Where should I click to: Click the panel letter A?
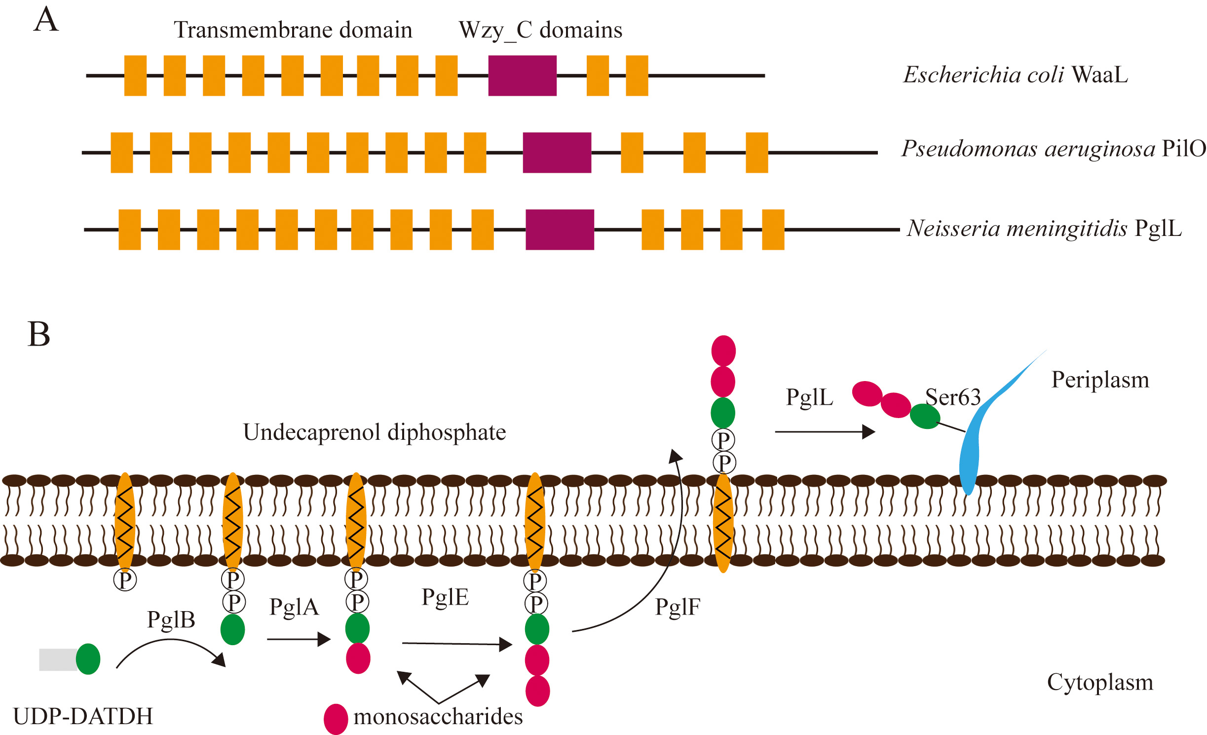point(46,20)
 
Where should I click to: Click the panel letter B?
point(39,334)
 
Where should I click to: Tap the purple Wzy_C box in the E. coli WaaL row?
point(522,76)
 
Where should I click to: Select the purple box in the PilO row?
point(557,153)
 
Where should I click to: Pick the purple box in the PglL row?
point(560,230)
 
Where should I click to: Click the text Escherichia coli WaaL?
point(1015,75)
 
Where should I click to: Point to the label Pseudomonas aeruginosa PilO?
point(1053,149)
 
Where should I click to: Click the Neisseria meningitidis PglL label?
point(1044,228)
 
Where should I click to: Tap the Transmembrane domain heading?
point(293,30)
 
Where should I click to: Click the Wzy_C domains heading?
point(540,30)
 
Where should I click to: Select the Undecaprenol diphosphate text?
point(375,432)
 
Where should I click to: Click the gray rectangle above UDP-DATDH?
point(58,659)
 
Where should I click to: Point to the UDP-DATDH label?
point(83,716)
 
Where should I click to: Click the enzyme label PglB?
point(171,619)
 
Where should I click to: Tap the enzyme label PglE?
point(445,597)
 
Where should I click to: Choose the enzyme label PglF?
point(677,607)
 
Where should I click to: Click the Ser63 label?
point(952,397)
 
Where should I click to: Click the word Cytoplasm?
point(1100,683)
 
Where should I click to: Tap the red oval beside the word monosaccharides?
point(336,719)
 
